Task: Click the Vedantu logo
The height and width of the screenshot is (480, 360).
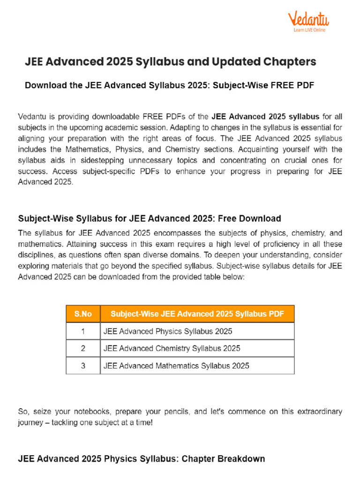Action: pyautogui.click(x=308, y=20)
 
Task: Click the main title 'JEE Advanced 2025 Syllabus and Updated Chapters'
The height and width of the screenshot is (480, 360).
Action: pyautogui.click(x=170, y=61)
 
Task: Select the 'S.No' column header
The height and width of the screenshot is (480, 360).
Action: pyautogui.click(x=83, y=314)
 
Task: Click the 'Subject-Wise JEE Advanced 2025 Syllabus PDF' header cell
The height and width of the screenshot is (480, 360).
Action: pyautogui.click(x=197, y=314)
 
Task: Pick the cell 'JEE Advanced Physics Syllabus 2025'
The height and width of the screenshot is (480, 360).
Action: pyautogui.click(x=168, y=331)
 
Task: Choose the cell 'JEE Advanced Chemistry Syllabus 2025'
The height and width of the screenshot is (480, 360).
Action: pyautogui.click(x=172, y=348)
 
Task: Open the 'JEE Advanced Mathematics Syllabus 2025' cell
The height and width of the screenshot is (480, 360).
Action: pyautogui.click(x=176, y=366)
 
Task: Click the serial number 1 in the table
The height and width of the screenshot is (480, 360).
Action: pyautogui.click(x=83, y=331)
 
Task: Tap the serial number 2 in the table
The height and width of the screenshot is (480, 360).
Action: pyautogui.click(x=83, y=348)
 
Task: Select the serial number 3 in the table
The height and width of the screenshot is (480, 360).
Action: pyautogui.click(x=83, y=366)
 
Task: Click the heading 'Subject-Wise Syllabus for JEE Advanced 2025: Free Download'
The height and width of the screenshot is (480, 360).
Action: pyautogui.click(x=150, y=218)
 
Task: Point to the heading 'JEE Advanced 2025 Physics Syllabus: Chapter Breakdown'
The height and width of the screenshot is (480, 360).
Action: pyautogui.click(x=142, y=458)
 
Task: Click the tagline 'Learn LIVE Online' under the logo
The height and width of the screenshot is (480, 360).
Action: pyautogui.click(x=309, y=30)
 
